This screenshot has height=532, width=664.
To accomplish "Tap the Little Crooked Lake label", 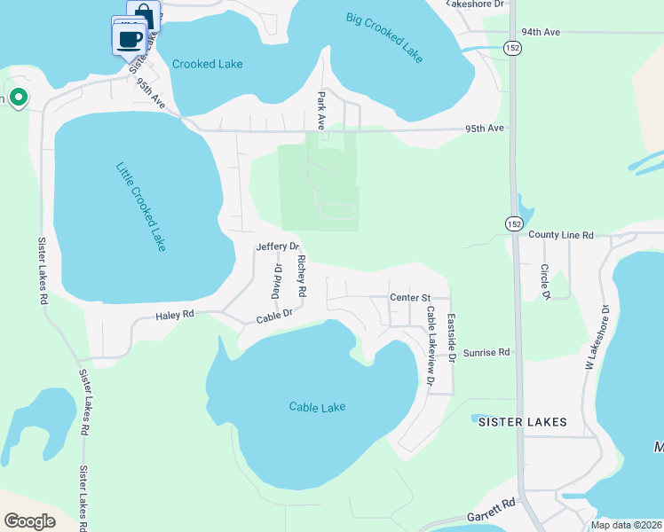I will coord(141,206).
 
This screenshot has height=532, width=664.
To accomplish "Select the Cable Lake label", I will coord(317,407).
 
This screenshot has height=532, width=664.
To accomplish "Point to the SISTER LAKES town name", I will coord(522,422).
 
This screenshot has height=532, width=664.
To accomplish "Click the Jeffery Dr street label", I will coord(278,246).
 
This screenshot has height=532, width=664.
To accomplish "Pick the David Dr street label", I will coord(276,281).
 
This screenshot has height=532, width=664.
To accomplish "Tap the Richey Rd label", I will coord(302,276).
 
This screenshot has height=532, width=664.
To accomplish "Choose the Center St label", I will coord(409,298).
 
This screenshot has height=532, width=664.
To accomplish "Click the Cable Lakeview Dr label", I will coord(431,346).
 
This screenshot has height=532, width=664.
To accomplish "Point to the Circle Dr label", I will coord(546,281).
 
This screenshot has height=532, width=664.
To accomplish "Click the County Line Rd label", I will coord(560,235).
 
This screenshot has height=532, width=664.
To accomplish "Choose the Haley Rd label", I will coord(174,315).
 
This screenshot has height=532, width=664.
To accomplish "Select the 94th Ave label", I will coord(541,32).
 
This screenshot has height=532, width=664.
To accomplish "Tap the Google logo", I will coord(29,521).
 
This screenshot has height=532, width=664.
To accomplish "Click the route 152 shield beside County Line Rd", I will coord(514,224).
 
